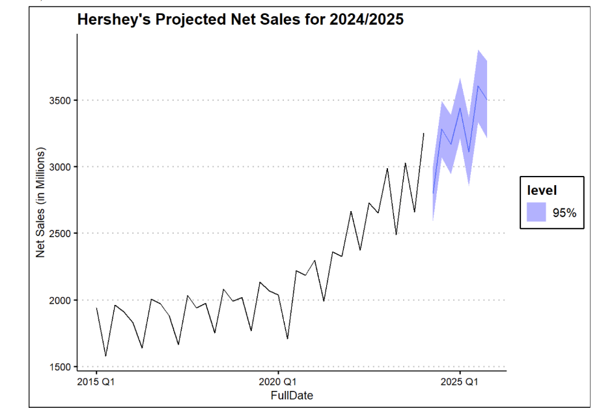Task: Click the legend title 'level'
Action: click(x=542, y=191)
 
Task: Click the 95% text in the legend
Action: click(x=565, y=212)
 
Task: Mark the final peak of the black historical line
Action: click(x=423, y=134)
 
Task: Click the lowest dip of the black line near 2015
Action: click(x=105, y=356)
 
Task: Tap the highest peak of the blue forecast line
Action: click(x=478, y=86)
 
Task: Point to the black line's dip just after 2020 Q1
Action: click(x=287, y=339)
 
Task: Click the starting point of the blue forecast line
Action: click(x=433, y=193)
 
